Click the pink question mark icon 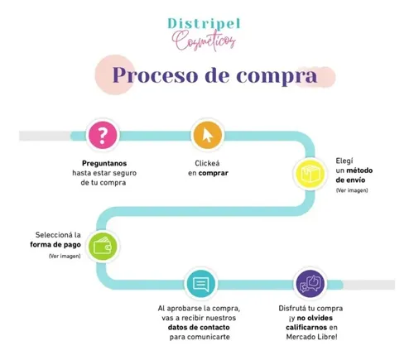pos(103,135)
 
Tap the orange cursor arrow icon pos(208,135)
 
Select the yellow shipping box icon pos(310,174)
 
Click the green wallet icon pos(103,246)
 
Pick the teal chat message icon pos(200,284)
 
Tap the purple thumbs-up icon pos(310,284)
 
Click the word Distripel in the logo pos(204,24)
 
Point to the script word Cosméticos pos(204,41)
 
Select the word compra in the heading pos(277,76)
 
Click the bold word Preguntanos pos(104,163)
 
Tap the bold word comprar pos(214,174)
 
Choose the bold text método pos(359,170)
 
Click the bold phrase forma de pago pos(55,245)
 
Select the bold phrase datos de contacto pos(199,328)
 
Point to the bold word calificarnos pos(306,328)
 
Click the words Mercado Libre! pos(312,337)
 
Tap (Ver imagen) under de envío pos(352,190)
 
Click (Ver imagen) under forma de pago pos(65,257)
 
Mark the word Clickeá pos(207,163)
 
